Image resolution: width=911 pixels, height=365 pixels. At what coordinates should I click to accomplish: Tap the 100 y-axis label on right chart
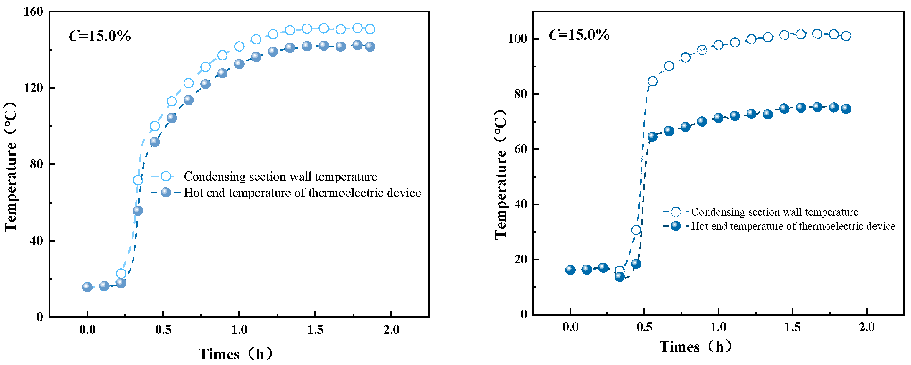click(517, 39)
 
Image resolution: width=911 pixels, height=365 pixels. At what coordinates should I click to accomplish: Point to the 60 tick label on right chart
click(521, 149)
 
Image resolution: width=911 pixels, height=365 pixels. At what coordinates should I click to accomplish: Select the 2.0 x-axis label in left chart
click(391, 330)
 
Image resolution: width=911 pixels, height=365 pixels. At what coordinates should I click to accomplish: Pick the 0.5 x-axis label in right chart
click(644, 327)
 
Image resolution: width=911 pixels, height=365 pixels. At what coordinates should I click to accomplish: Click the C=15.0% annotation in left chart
click(100, 36)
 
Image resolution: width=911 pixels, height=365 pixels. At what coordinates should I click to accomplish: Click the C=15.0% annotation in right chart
click(579, 35)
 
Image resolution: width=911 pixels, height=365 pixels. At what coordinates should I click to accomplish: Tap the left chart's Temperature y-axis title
click(11, 167)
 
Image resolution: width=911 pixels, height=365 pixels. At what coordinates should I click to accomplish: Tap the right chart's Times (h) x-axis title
click(695, 347)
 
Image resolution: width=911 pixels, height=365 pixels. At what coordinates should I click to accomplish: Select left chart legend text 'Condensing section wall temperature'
click(280, 176)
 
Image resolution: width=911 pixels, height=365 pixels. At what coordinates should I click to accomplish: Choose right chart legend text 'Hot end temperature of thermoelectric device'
click(793, 226)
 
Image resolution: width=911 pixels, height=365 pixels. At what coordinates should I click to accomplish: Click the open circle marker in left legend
click(166, 176)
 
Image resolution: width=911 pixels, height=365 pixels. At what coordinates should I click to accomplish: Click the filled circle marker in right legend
click(676, 226)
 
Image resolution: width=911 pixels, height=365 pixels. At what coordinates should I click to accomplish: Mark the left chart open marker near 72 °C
click(138, 180)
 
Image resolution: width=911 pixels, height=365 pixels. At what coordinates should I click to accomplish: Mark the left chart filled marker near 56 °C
click(138, 211)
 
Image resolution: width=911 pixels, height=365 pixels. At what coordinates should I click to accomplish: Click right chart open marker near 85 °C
click(653, 81)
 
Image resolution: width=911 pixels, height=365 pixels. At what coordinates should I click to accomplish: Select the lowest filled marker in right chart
click(619, 277)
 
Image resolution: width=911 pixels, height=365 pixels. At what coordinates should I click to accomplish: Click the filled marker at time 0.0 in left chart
click(87, 287)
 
